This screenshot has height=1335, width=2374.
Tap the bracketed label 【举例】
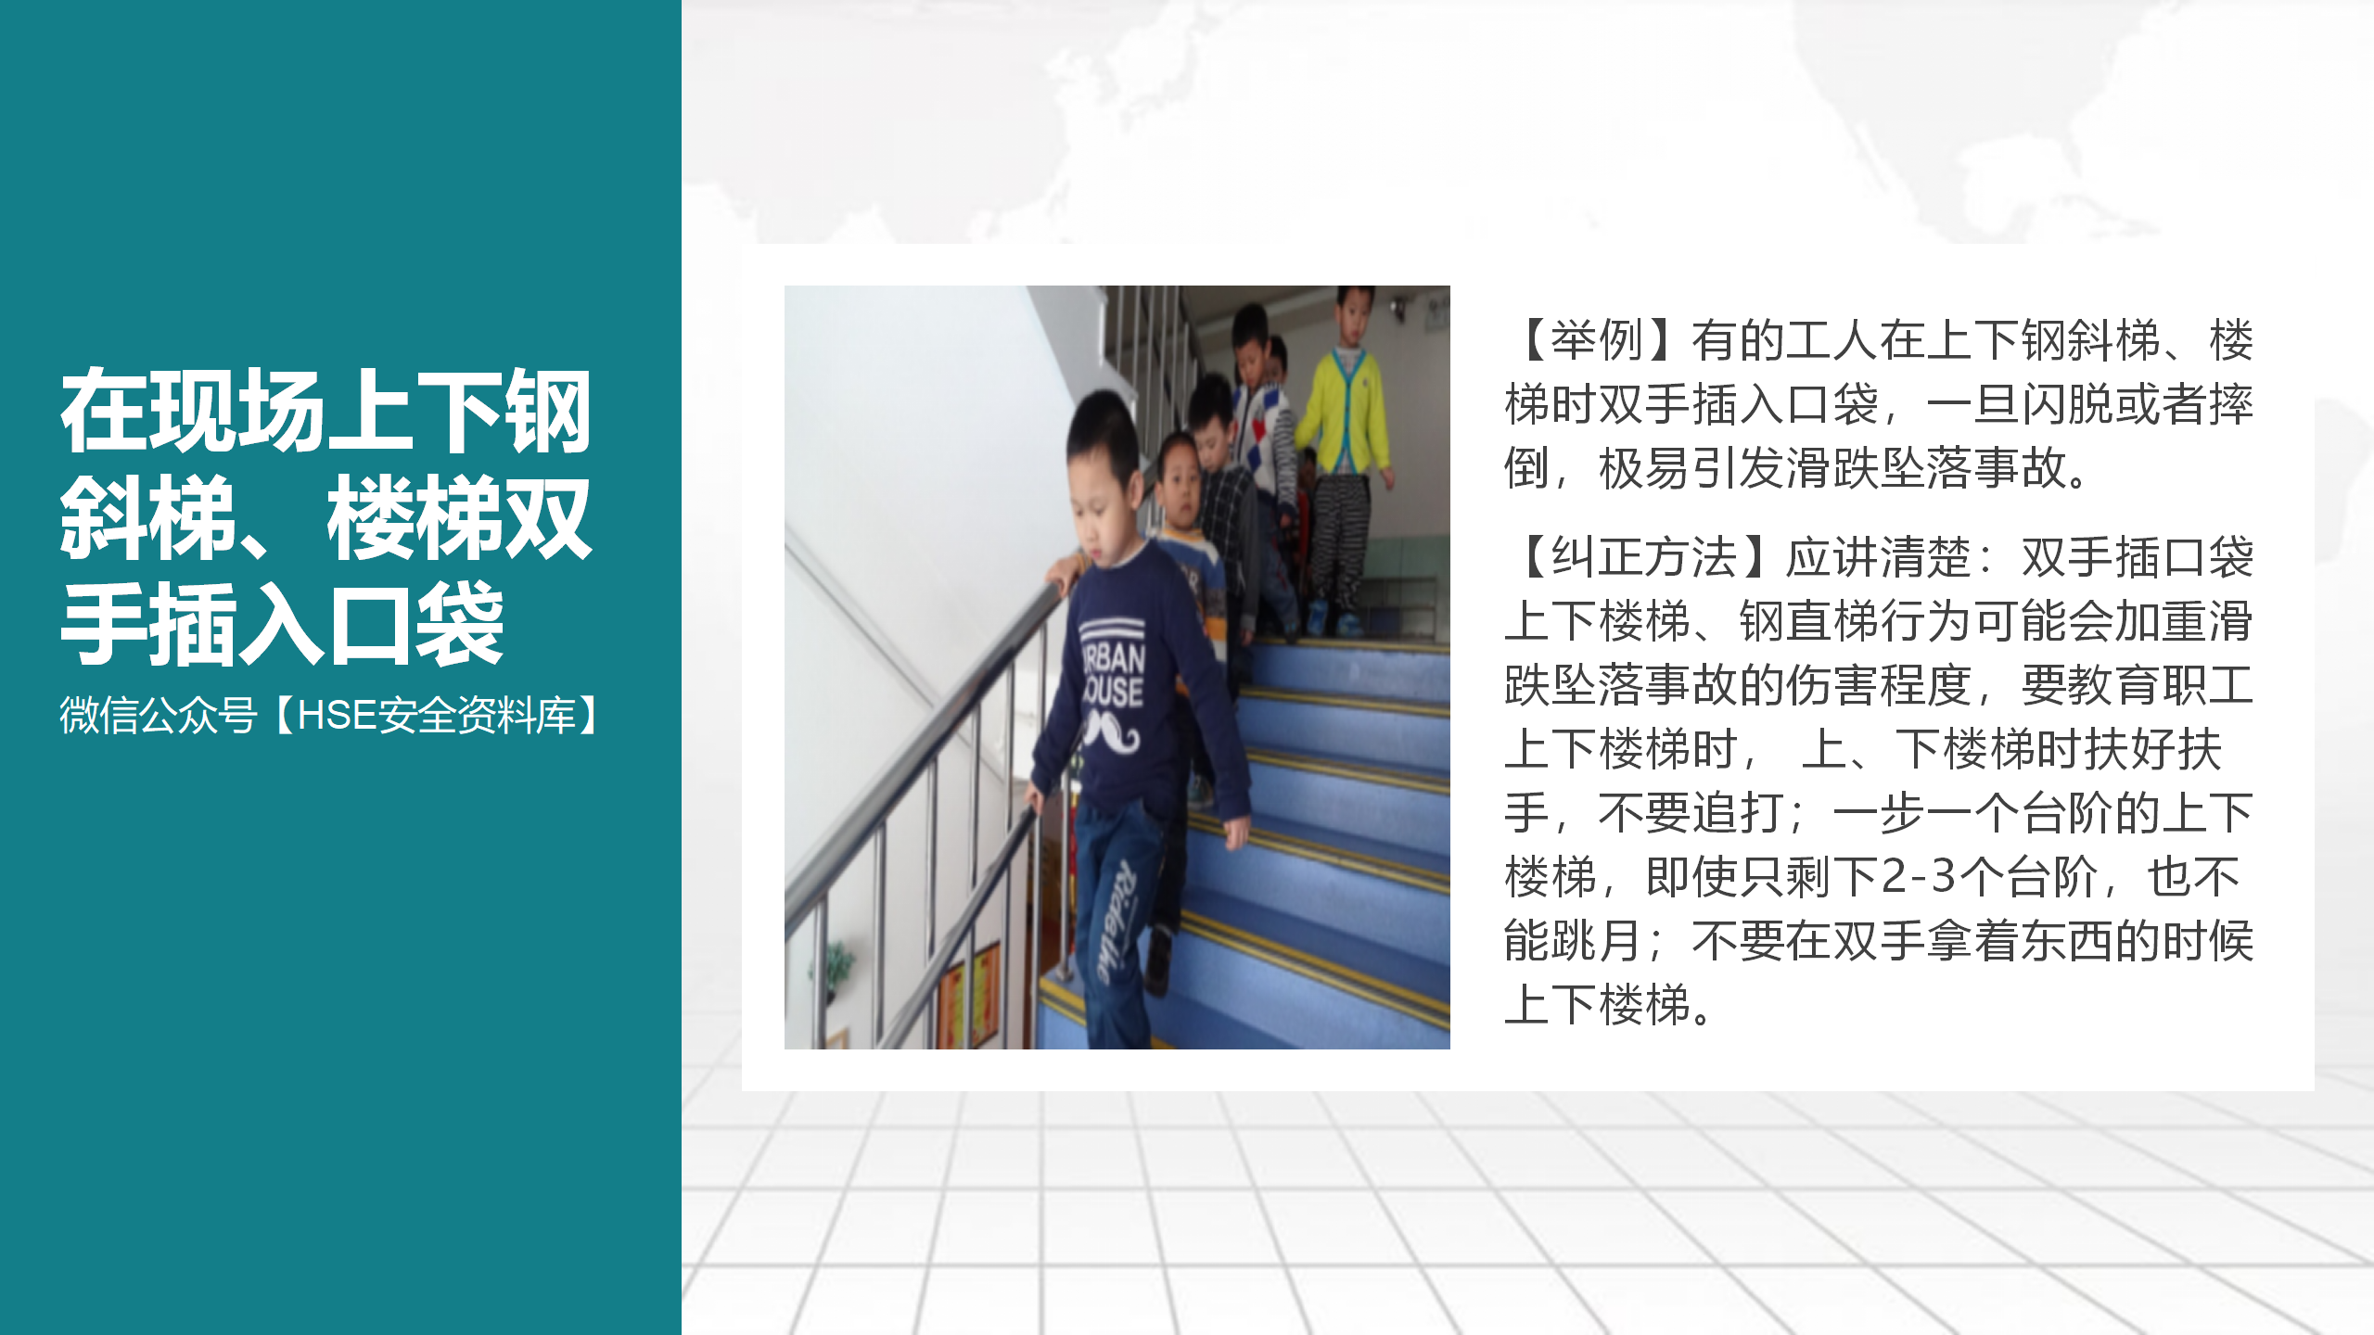click(x=1597, y=340)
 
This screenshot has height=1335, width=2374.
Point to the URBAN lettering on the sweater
click(x=1114, y=659)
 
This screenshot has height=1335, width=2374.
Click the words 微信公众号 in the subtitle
click(x=158, y=716)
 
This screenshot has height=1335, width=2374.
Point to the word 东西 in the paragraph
click(x=2067, y=941)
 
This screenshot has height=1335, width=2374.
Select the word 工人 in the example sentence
click(x=1832, y=340)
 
